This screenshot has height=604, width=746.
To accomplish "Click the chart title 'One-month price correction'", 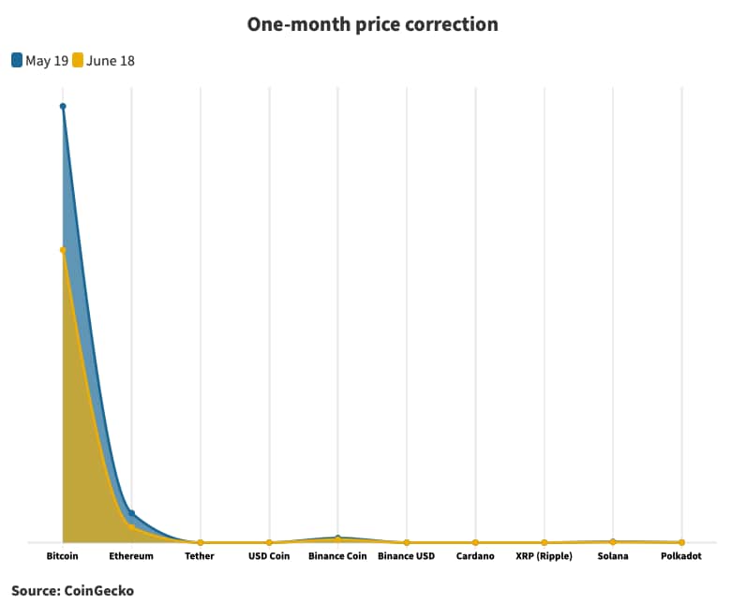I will point(372,24).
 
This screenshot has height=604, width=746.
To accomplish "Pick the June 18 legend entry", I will point(103,61).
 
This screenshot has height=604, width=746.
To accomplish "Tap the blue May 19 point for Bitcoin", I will point(63,107).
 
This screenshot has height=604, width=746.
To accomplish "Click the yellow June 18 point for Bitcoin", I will point(63,250).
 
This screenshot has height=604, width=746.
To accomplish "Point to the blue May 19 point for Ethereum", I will point(131,513).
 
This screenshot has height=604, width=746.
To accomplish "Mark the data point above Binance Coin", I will point(337,538).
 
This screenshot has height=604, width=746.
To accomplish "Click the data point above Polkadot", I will point(681,542).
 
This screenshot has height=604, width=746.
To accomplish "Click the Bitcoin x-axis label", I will point(63,556).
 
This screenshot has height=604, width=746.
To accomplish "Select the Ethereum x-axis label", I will point(131,556).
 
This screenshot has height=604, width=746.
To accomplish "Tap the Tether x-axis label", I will point(200,556).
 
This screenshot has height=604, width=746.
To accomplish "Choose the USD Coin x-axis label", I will point(269,556).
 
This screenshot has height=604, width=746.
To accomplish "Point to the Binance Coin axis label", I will point(337,556).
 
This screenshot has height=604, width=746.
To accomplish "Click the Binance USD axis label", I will point(407,556).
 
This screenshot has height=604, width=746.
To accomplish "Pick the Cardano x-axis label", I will point(475,556).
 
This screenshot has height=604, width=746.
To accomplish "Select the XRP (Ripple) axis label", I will point(544,556).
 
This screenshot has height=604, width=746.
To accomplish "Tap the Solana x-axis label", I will point(613,556).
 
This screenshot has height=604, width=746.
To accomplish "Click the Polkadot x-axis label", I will point(681,556).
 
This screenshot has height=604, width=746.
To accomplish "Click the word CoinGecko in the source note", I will point(99,591).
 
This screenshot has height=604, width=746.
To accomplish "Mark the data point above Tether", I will point(201,542).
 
